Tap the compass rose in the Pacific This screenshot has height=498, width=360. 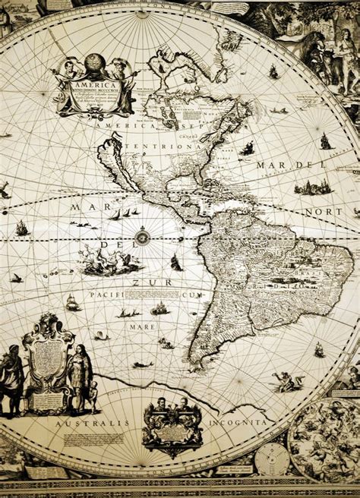[141, 238]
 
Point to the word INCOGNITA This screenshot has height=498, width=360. [243, 420]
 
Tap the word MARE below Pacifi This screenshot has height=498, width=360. [142, 326]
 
